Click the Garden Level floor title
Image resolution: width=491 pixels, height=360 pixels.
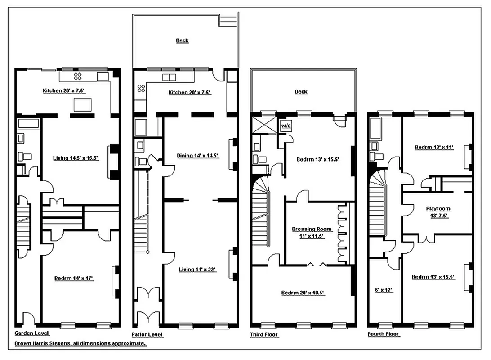point(32,333)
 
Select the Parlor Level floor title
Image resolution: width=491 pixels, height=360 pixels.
point(147,334)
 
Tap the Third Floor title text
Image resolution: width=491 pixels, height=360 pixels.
point(264,334)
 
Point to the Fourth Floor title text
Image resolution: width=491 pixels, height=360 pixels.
point(384,334)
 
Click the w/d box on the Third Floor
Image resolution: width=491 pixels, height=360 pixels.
point(286,126)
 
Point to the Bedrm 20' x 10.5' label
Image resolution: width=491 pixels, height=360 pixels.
point(303,293)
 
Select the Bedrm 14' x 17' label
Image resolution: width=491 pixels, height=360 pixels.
point(74,279)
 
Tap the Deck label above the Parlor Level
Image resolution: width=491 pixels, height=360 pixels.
point(182,40)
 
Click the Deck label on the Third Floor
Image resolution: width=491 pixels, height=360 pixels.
point(301,92)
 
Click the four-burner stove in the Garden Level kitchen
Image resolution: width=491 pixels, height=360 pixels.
point(77,76)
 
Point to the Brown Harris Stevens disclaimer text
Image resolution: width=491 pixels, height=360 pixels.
point(80,343)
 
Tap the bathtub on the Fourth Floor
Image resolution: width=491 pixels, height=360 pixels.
point(375,129)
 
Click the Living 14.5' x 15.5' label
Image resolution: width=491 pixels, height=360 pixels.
point(76,158)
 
